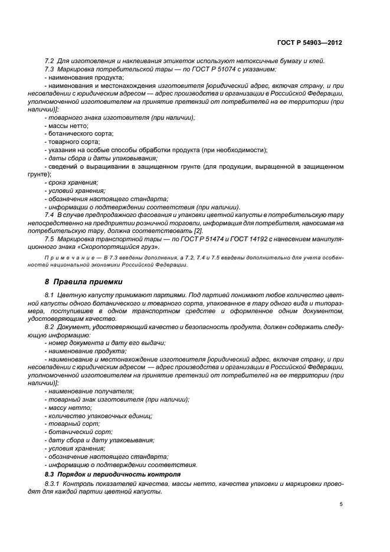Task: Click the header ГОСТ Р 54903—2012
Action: (x=310, y=44)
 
